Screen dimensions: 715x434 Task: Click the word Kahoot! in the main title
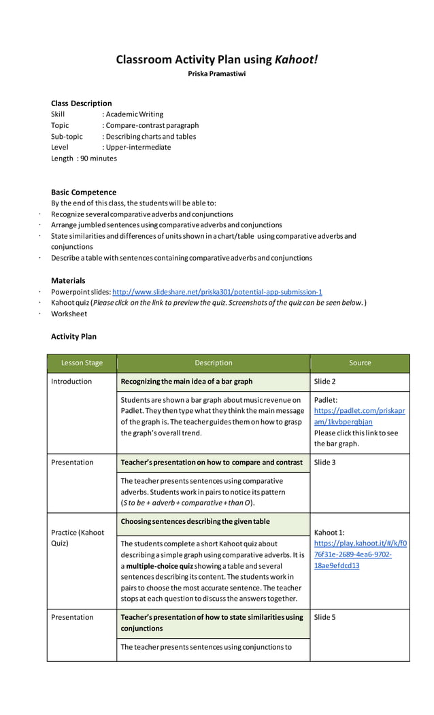(296, 60)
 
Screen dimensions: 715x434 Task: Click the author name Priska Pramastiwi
(217, 73)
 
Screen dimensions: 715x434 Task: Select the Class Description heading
(82, 103)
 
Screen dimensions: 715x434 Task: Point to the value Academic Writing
(135, 114)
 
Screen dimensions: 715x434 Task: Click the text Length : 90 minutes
(84, 159)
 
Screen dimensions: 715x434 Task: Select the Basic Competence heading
(84, 193)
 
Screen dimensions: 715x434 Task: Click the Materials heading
(68, 280)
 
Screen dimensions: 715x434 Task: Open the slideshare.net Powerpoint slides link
(217, 292)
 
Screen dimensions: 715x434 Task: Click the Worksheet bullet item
(69, 314)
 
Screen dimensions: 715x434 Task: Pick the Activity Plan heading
(73, 336)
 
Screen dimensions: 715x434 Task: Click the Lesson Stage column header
(82, 363)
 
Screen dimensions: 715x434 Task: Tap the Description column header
(213, 363)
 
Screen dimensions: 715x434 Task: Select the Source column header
(360, 363)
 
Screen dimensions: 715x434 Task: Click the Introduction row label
(71, 382)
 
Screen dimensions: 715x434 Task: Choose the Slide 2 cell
(325, 382)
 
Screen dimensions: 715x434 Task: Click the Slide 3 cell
(325, 463)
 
